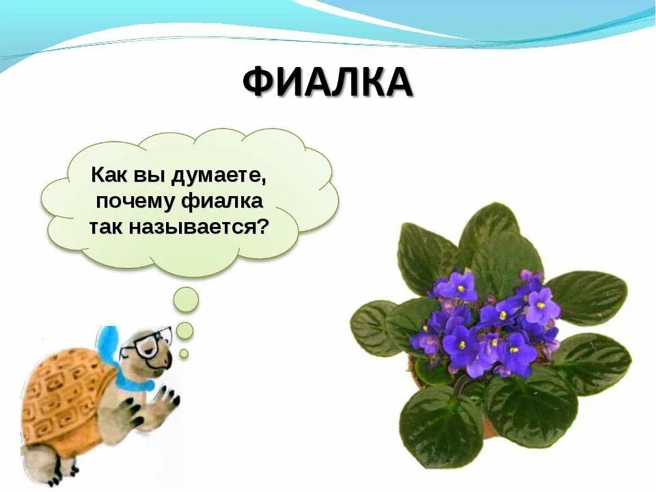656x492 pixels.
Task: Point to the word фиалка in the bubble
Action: (223, 202)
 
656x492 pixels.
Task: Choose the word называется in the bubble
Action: (193, 227)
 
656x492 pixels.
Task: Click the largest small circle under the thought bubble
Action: (185, 299)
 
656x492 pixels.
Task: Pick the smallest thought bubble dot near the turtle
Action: (184, 353)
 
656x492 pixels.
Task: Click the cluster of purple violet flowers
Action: (485, 321)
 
